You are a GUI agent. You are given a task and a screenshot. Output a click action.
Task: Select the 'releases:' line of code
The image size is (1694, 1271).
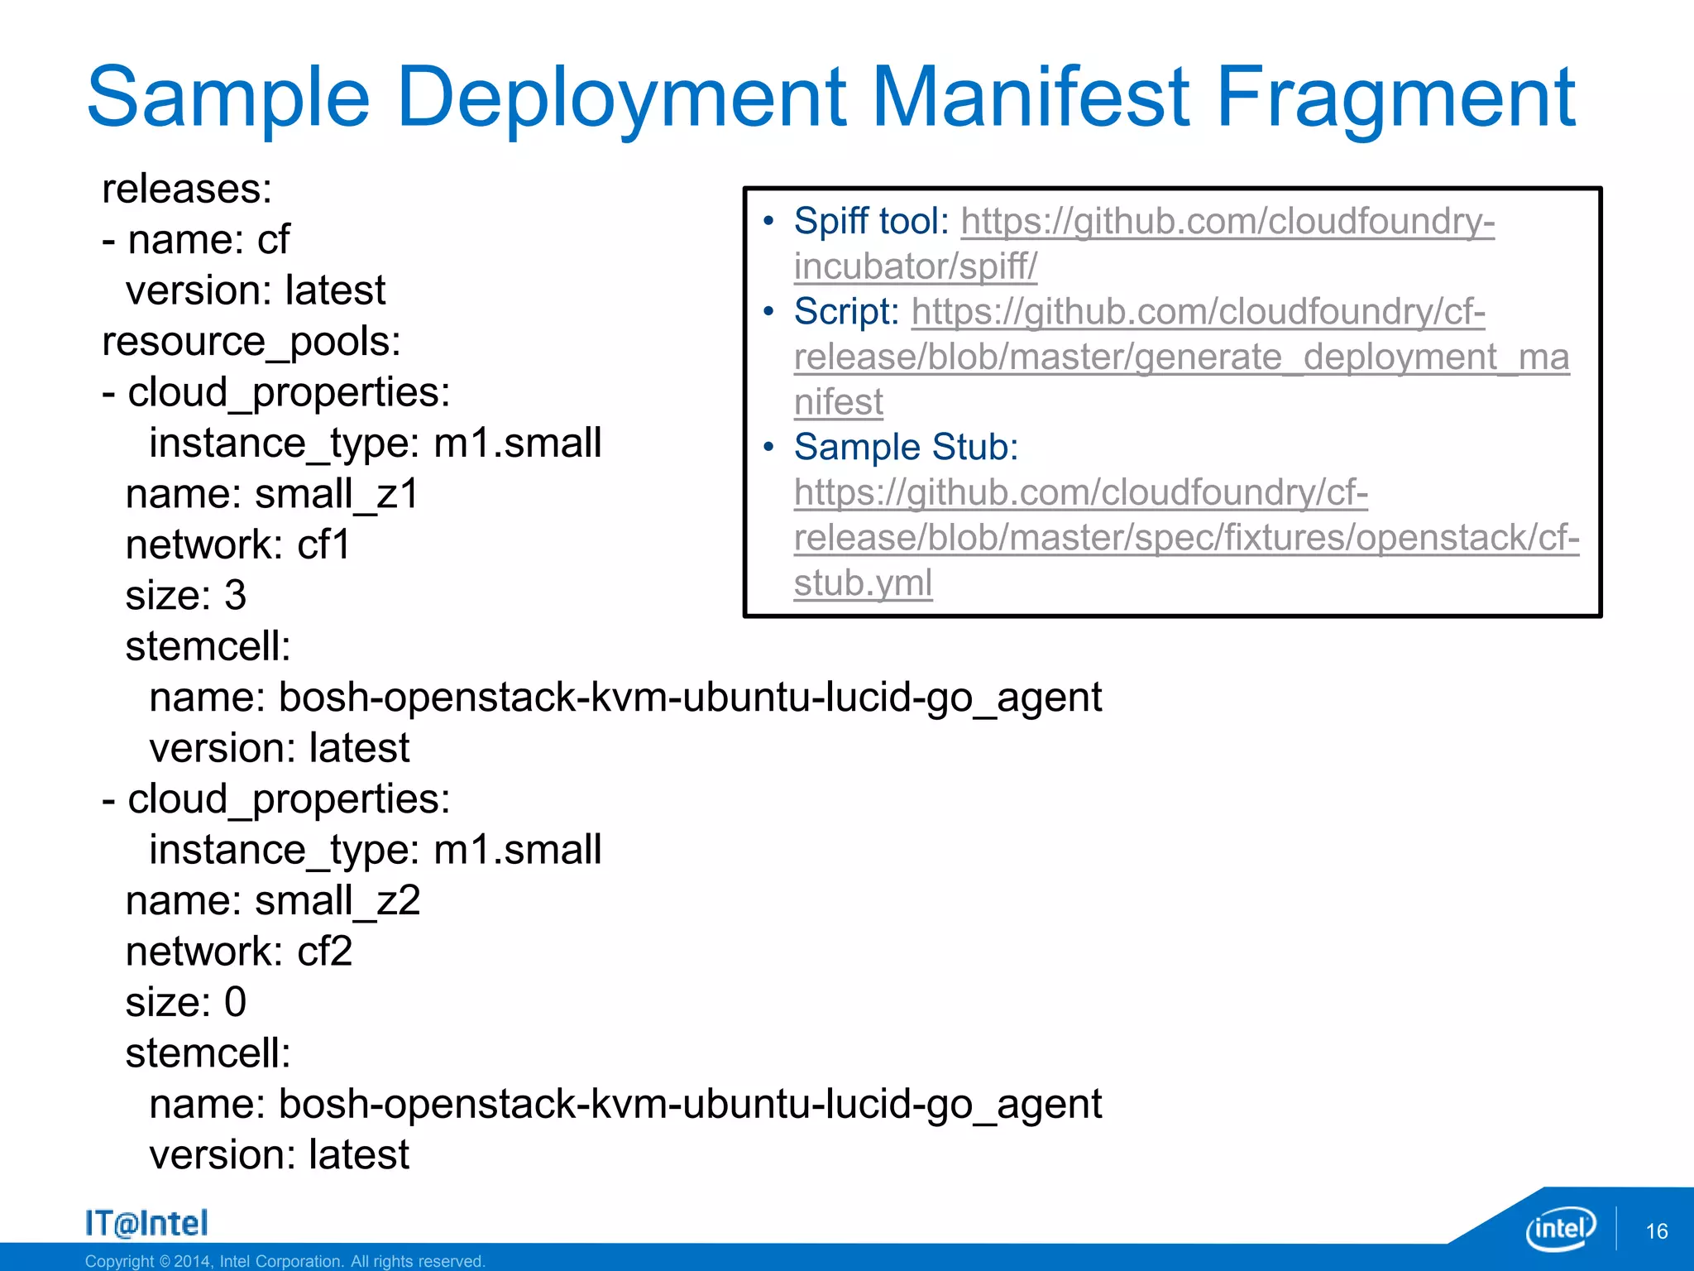187,189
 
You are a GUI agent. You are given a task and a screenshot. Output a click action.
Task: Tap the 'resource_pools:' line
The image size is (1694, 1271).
251,342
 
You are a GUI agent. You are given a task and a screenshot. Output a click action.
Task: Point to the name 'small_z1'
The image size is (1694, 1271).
337,494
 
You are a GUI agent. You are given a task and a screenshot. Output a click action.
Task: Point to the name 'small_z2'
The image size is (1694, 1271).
337,900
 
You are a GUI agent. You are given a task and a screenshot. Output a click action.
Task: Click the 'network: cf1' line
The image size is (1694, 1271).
238,544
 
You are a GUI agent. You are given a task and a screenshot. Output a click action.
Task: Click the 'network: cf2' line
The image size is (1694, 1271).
239,952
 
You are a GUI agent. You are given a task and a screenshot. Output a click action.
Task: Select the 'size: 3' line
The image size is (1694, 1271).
186,596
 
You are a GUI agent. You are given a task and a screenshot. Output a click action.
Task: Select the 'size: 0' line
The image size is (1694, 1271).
186,1002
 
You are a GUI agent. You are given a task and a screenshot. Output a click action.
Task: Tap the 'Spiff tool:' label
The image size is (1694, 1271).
871,222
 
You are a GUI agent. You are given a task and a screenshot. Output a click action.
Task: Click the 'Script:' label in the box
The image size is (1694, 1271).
845,312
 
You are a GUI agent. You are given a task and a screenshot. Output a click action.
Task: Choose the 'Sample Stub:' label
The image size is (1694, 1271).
906,448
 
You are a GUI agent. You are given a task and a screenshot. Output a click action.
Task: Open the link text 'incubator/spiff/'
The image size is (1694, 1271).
915,266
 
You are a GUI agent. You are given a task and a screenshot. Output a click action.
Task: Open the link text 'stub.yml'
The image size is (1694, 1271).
863,583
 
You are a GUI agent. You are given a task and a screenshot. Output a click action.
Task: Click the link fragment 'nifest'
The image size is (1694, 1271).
838,403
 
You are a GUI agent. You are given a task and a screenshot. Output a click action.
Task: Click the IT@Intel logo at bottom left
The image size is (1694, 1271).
146,1223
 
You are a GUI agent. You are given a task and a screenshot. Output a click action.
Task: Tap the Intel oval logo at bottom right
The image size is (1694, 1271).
1560,1229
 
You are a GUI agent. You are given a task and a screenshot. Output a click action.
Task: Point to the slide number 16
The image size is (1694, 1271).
1656,1231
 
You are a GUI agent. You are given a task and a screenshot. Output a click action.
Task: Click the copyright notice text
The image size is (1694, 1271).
285,1261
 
